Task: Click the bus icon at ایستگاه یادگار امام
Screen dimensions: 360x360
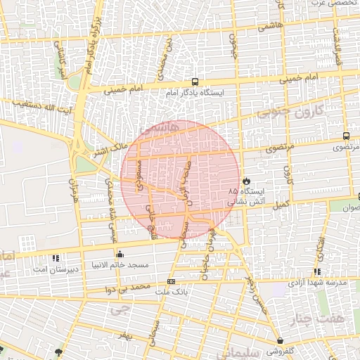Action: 195,82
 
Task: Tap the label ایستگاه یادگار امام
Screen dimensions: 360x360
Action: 195,93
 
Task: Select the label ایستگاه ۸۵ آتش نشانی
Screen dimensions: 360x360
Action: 245,196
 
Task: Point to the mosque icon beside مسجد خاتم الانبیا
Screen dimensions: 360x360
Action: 119,255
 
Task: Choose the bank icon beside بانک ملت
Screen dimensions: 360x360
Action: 172,281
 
